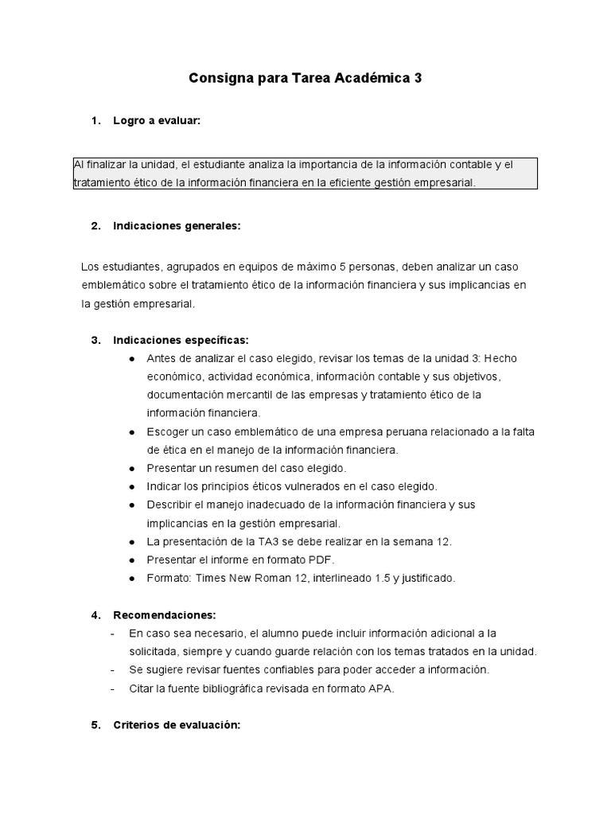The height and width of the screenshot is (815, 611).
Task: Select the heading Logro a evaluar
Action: point(157,121)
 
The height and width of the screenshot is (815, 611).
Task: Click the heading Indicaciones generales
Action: point(177,226)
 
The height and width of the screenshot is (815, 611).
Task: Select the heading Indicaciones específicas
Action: point(181,340)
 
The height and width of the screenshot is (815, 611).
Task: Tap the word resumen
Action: point(225,468)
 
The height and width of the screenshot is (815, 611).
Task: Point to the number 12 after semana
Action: point(444,541)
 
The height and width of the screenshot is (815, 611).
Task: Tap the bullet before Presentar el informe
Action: point(131,560)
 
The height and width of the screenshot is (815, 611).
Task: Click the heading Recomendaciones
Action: point(165,615)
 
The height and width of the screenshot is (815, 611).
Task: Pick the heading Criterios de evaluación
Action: point(177,725)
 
